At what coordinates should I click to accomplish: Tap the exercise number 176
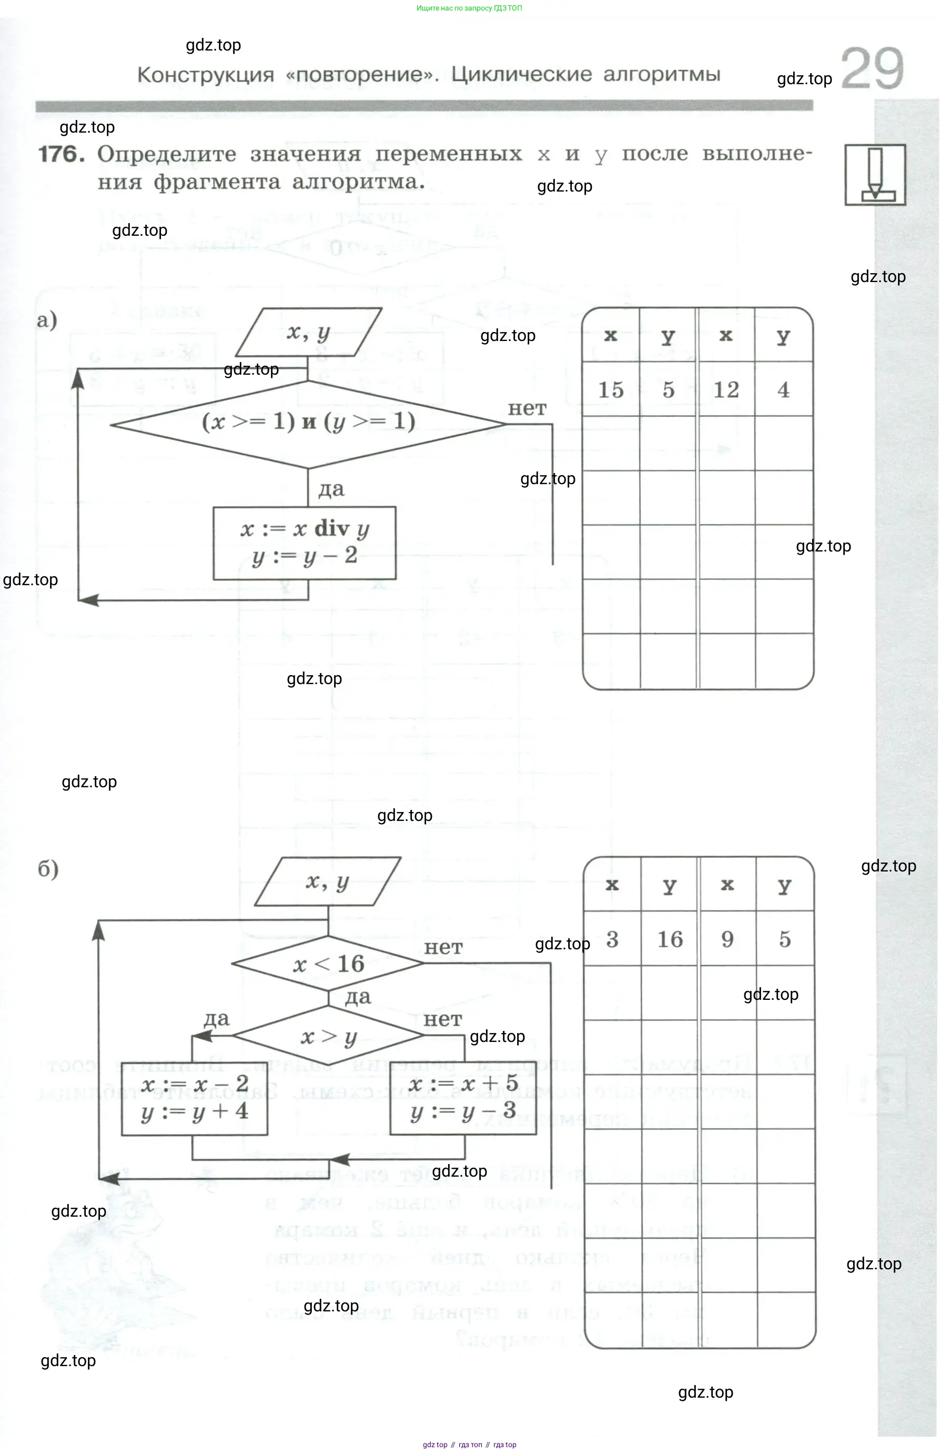click(x=62, y=154)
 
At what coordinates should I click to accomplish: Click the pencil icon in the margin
click(x=875, y=175)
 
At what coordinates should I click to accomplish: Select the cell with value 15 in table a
click(x=610, y=389)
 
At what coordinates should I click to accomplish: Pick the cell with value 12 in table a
click(x=726, y=389)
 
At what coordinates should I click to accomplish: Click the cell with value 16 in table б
click(x=670, y=939)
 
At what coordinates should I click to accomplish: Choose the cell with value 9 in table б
click(x=727, y=939)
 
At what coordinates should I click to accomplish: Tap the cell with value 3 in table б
click(x=612, y=939)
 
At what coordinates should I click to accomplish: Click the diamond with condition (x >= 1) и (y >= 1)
click(x=308, y=423)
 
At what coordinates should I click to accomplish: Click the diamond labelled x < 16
click(x=328, y=964)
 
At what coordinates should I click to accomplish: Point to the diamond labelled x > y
click(x=328, y=1036)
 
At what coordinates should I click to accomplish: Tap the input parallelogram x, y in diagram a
click(x=308, y=332)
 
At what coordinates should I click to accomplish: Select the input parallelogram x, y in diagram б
click(x=328, y=882)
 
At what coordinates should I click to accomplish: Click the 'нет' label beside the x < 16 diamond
click(x=443, y=948)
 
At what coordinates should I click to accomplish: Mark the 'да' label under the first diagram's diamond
click(x=331, y=489)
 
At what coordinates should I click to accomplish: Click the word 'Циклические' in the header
click(x=521, y=75)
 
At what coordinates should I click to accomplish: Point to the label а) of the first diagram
click(x=47, y=320)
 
